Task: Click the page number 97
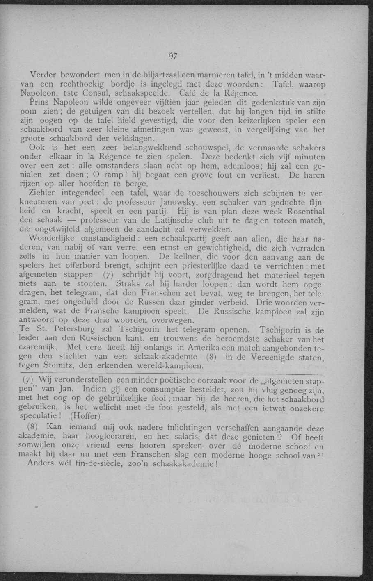coord(172,57)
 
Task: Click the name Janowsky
coord(180,202)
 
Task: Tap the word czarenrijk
coord(38,347)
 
